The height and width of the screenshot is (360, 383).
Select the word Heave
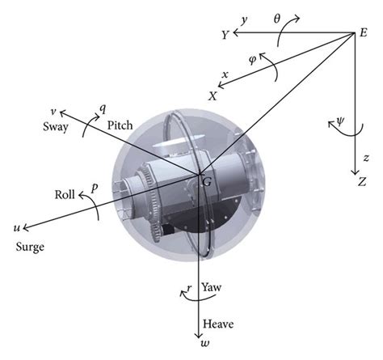218,324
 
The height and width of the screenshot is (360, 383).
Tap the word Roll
65,193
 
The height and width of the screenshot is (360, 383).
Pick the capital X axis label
213,95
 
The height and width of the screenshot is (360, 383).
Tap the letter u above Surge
17,228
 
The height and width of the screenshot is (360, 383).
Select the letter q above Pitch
102,107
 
